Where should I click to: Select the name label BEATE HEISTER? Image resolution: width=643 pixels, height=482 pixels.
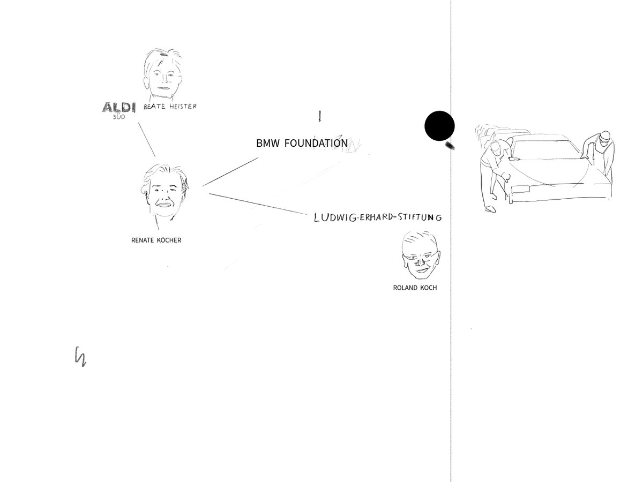(170, 107)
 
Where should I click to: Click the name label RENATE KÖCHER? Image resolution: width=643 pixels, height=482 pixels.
(156, 240)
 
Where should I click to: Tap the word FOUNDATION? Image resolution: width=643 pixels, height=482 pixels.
(316, 144)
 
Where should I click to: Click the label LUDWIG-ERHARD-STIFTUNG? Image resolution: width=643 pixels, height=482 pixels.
(378, 217)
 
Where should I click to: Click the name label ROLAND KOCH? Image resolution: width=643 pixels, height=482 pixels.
(415, 288)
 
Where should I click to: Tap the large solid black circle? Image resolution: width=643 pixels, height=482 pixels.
(439, 126)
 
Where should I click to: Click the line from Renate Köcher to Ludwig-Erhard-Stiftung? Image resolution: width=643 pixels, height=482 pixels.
(260, 204)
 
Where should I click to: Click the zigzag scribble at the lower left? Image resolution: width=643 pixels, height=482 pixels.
(80, 356)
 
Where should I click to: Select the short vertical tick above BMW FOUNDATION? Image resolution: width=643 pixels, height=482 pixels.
(320, 116)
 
